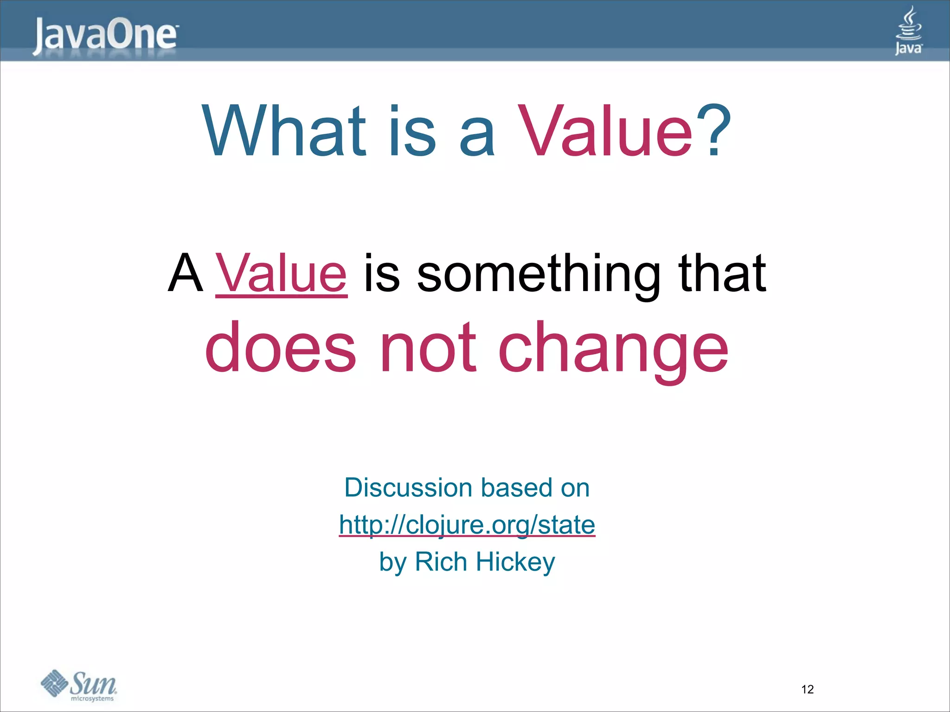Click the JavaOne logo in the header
105,35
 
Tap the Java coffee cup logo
909,31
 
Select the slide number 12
807,689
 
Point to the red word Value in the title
605,131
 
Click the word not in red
428,348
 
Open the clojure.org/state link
467,525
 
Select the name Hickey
515,562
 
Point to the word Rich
441,562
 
